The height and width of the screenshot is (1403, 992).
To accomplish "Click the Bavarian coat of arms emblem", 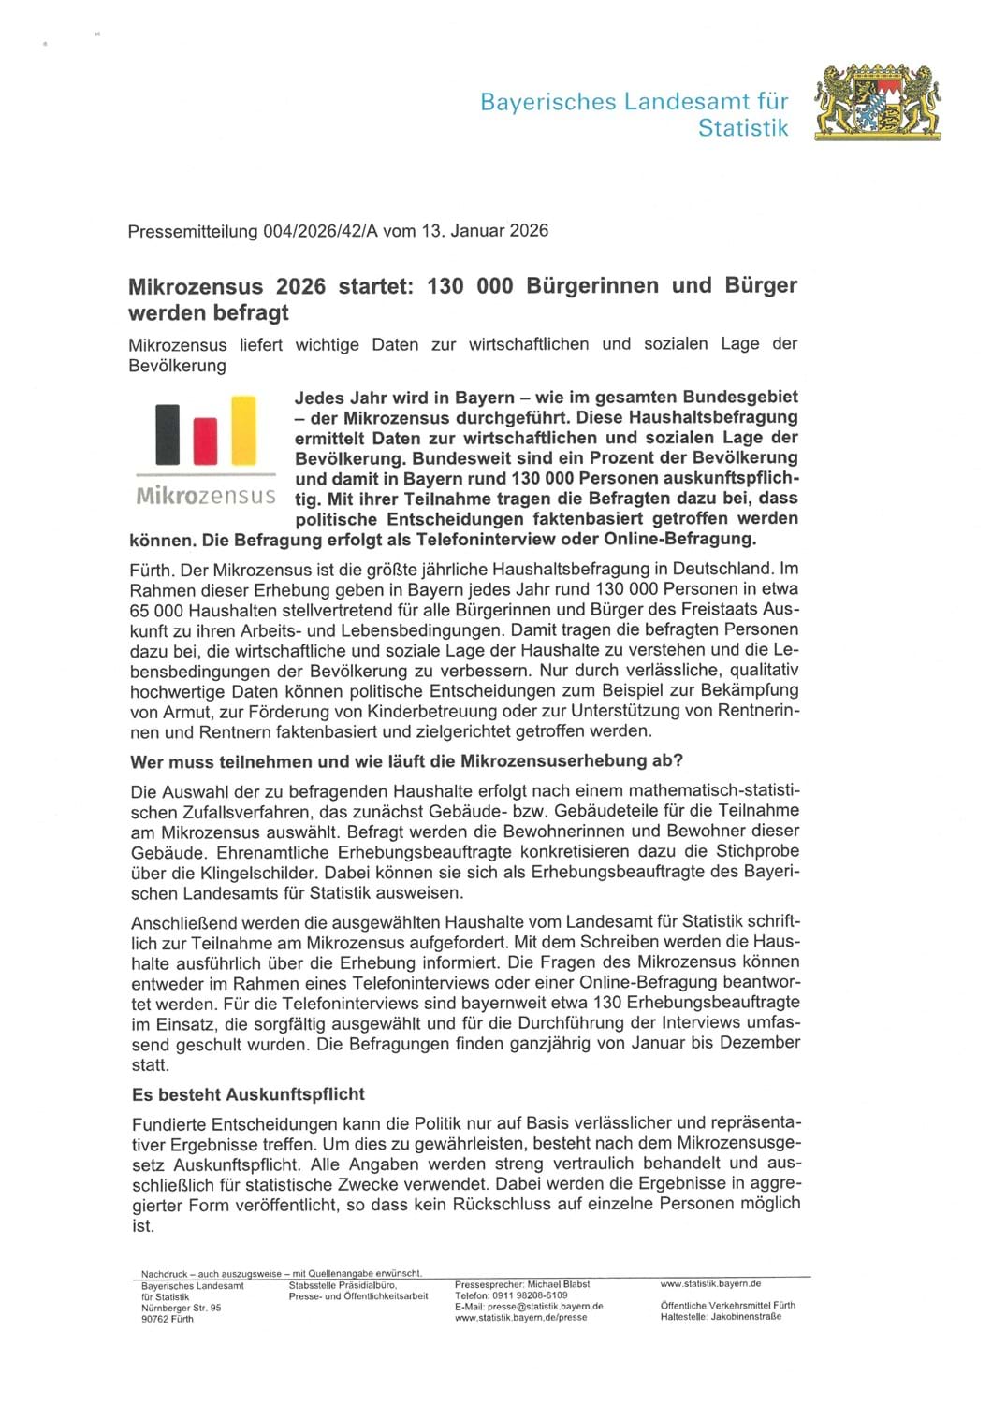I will (878, 103).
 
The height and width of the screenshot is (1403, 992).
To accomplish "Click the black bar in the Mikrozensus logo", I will (168, 434).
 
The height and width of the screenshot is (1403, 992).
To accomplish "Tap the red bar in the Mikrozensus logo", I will (205, 441).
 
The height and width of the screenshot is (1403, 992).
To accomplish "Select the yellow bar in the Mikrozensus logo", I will (243, 430).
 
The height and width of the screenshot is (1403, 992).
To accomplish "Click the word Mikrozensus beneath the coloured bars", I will (206, 495).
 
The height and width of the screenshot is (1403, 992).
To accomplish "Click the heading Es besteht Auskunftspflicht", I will (248, 1093).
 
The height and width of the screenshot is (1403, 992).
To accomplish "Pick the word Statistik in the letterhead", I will (743, 128).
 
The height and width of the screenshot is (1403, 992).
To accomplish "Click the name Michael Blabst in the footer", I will (559, 1285).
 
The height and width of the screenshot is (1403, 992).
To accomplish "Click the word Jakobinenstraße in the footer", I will (746, 1317).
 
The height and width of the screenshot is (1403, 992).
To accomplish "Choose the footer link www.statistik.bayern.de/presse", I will (521, 1318).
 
